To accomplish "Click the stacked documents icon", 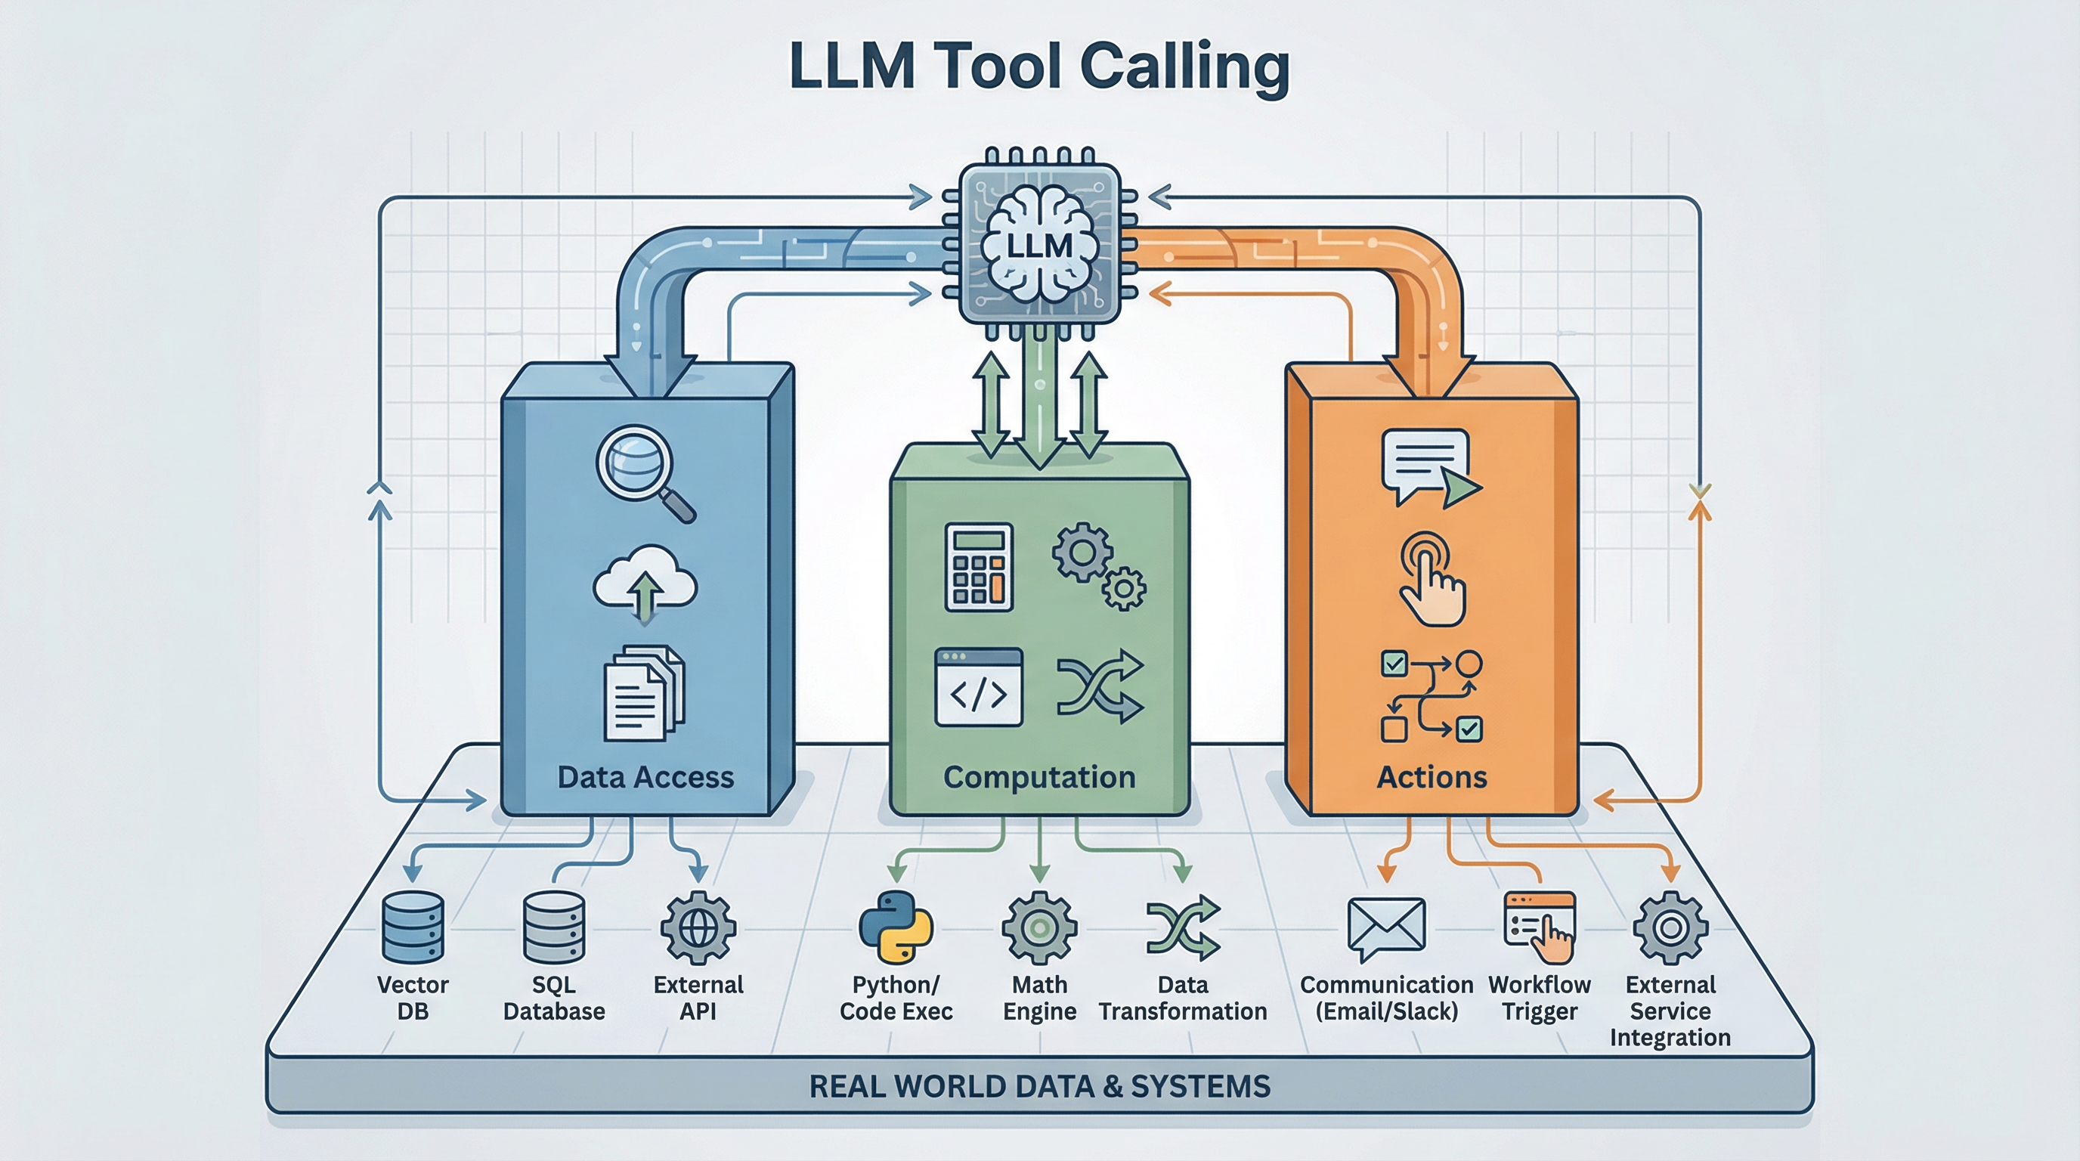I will [x=642, y=692].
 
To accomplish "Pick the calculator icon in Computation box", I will [x=979, y=567].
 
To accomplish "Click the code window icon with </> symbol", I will [x=979, y=687].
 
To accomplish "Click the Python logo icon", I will [x=896, y=927].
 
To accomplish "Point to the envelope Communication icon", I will [x=1385, y=927].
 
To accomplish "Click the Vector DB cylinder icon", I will [x=413, y=927].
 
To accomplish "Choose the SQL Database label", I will [x=554, y=998].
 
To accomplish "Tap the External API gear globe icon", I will [x=698, y=928].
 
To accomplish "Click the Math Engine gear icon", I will [x=1039, y=928].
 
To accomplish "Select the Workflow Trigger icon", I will [x=1540, y=927].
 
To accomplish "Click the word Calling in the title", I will [x=1184, y=67].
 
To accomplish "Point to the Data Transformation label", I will [x=1182, y=998].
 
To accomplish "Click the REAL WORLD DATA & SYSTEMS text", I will [x=1039, y=1086].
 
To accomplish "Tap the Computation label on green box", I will [x=1039, y=777].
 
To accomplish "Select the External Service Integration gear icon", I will [x=1670, y=928].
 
